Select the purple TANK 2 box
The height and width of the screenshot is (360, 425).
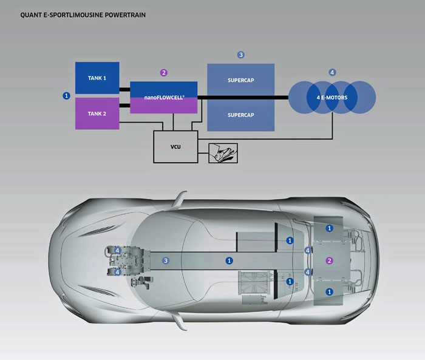(97, 114)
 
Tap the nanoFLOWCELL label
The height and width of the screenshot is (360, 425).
(164, 97)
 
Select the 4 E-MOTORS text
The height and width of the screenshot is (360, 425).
(331, 97)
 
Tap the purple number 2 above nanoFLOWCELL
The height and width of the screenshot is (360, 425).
(163, 73)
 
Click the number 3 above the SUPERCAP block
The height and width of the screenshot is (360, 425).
(240, 55)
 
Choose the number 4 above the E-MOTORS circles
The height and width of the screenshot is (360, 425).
(332, 72)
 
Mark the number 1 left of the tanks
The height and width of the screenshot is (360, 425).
(66, 95)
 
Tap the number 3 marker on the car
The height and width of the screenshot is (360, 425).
(165, 260)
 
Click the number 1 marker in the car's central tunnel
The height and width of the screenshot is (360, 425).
(229, 260)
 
